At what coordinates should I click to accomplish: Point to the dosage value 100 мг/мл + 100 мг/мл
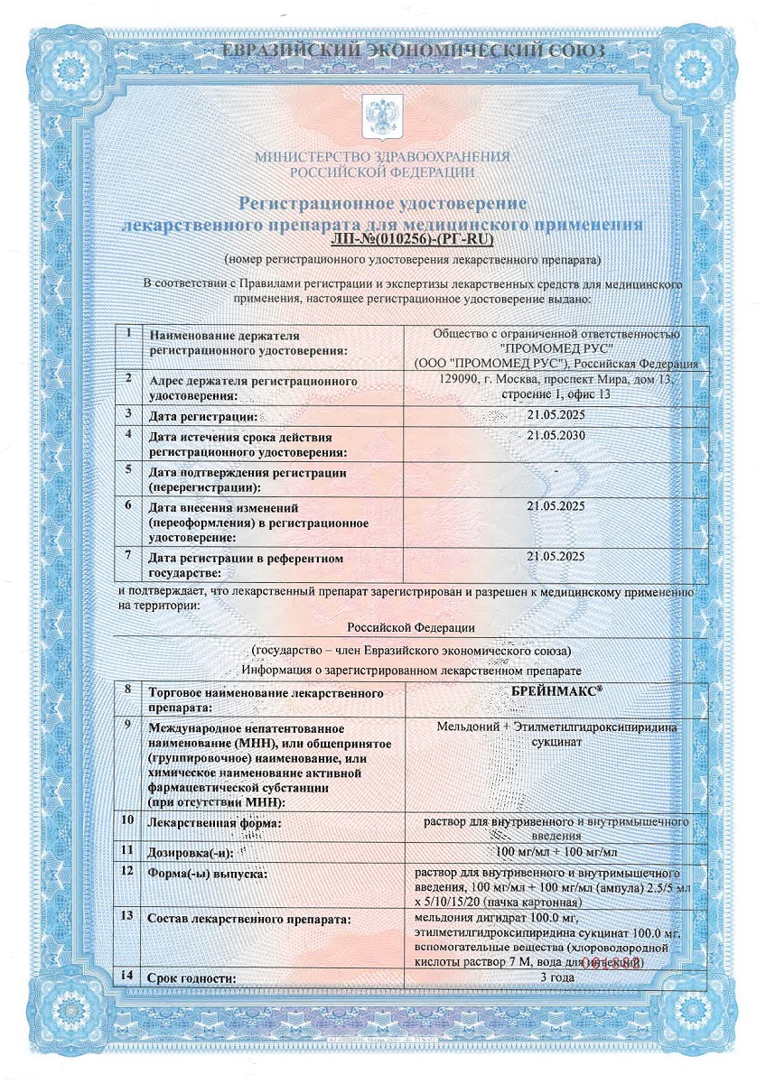click(556, 851)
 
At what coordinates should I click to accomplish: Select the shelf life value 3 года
click(556, 977)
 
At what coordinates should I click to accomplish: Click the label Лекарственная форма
click(215, 823)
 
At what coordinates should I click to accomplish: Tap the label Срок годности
click(192, 978)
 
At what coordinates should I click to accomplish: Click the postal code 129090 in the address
click(457, 379)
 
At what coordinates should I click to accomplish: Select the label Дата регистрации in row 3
click(203, 416)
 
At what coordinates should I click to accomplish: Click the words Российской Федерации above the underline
click(411, 626)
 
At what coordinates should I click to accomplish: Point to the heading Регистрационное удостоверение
click(382, 205)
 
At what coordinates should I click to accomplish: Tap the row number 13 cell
click(129, 916)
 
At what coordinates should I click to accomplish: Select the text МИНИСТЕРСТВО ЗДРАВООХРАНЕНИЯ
click(382, 156)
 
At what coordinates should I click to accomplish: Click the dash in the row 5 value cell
click(556, 471)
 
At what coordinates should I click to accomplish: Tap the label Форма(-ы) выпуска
click(203, 874)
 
